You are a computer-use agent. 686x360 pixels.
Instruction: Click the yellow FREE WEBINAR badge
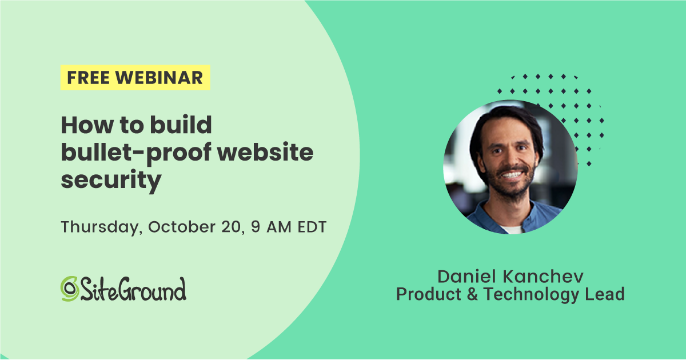(x=135, y=78)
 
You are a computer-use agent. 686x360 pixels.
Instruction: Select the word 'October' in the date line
(x=181, y=226)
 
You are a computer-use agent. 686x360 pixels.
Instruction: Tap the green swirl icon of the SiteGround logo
(x=69, y=289)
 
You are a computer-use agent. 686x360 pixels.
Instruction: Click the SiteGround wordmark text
(x=133, y=289)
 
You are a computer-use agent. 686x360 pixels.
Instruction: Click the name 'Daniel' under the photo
(x=468, y=277)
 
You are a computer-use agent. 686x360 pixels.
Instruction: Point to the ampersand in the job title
(x=472, y=295)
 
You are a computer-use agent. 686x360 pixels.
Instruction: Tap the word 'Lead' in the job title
(x=607, y=295)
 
